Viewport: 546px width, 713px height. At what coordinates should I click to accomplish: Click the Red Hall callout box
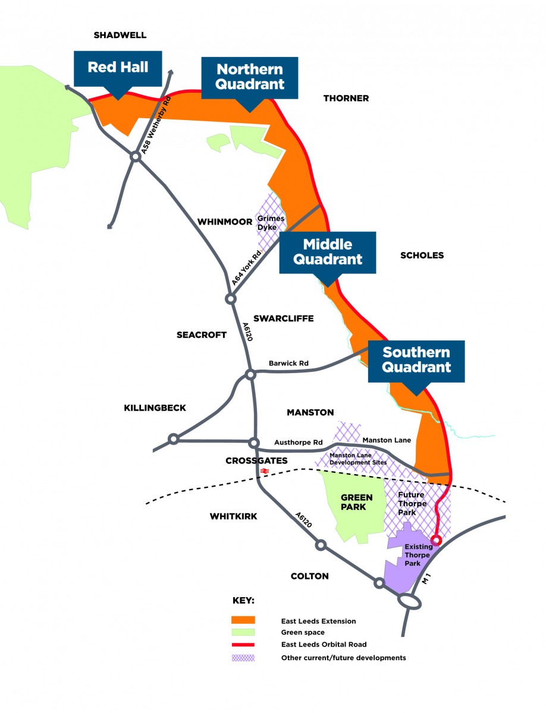pyautogui.click(x=118, y=67)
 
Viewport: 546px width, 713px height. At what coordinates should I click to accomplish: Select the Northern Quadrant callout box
pyautogui.click(x=250, y=76)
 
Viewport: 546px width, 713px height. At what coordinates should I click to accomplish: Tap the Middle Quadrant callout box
pyautogui.click(x=328, y=252)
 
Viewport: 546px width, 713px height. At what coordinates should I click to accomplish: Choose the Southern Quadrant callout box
pyautogui.click(x=416, y=359)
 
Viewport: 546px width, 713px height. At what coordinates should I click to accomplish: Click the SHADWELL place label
pyautogui.click(x=120, y=36)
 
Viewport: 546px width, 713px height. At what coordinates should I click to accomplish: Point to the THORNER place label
pyautogui.click(x=346, y=98)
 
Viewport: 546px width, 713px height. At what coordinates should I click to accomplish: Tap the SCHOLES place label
pyautogui.click(x=422, y=255)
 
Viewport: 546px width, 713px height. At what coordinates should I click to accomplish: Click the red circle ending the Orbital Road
pyautogui.click(x=437, y=540)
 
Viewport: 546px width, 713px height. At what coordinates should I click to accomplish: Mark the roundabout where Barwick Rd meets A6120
pyautogui.click(x=250, y=374)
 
